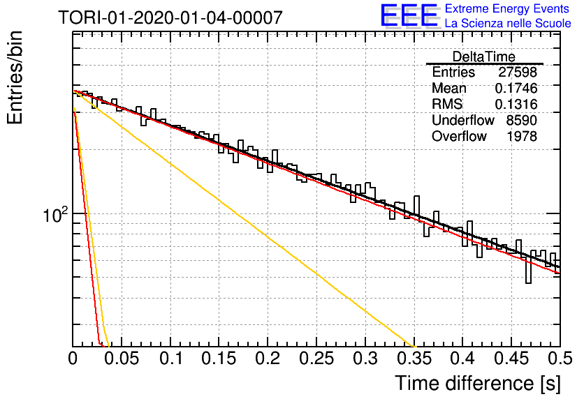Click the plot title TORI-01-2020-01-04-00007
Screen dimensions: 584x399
(170, 17)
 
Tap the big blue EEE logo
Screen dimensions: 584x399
(409, 15)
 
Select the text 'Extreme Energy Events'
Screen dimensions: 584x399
(507, 8)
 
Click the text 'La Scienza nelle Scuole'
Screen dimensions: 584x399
(508, 23)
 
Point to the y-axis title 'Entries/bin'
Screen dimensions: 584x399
(15, 77)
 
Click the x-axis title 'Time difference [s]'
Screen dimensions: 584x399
(478, 384)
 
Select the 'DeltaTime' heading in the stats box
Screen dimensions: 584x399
(483, 57)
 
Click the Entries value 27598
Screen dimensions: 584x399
(518, 72)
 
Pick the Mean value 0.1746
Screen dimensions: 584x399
(516, 88)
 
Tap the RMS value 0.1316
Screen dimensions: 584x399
(516, 104)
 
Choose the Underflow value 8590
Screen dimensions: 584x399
(521, 120)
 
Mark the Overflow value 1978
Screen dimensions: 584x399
(522, 136)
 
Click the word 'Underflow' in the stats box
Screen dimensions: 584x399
(463, 120)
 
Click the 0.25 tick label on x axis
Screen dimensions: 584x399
(316, 359)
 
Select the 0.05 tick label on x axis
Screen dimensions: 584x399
(122, 359)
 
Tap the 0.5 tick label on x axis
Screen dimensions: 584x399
(560, 359)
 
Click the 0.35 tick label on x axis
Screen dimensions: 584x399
(414, 359)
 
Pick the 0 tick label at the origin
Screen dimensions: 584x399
(73, 359)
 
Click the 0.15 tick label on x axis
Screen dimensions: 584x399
(219, 359)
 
